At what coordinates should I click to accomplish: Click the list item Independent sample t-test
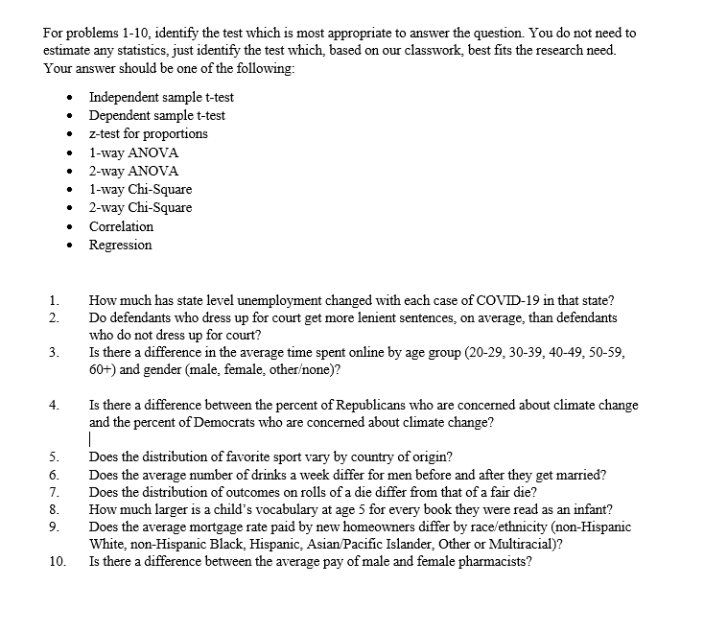pos(161,97)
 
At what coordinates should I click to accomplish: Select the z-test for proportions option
pos(148,134)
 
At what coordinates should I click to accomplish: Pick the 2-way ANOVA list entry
pos(133,171)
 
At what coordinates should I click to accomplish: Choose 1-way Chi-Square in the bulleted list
pos(140,189)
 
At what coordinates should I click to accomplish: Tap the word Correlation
pos(121,226)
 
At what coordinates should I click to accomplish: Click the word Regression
pos(120,245)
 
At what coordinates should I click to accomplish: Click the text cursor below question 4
pos(90,439)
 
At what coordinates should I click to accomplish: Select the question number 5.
pos(54,456)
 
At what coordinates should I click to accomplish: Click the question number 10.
pos(54,562)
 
